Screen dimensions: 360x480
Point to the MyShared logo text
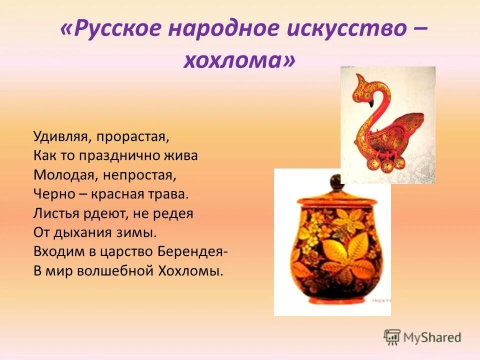pyautogui.click(x=433, y=337)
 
